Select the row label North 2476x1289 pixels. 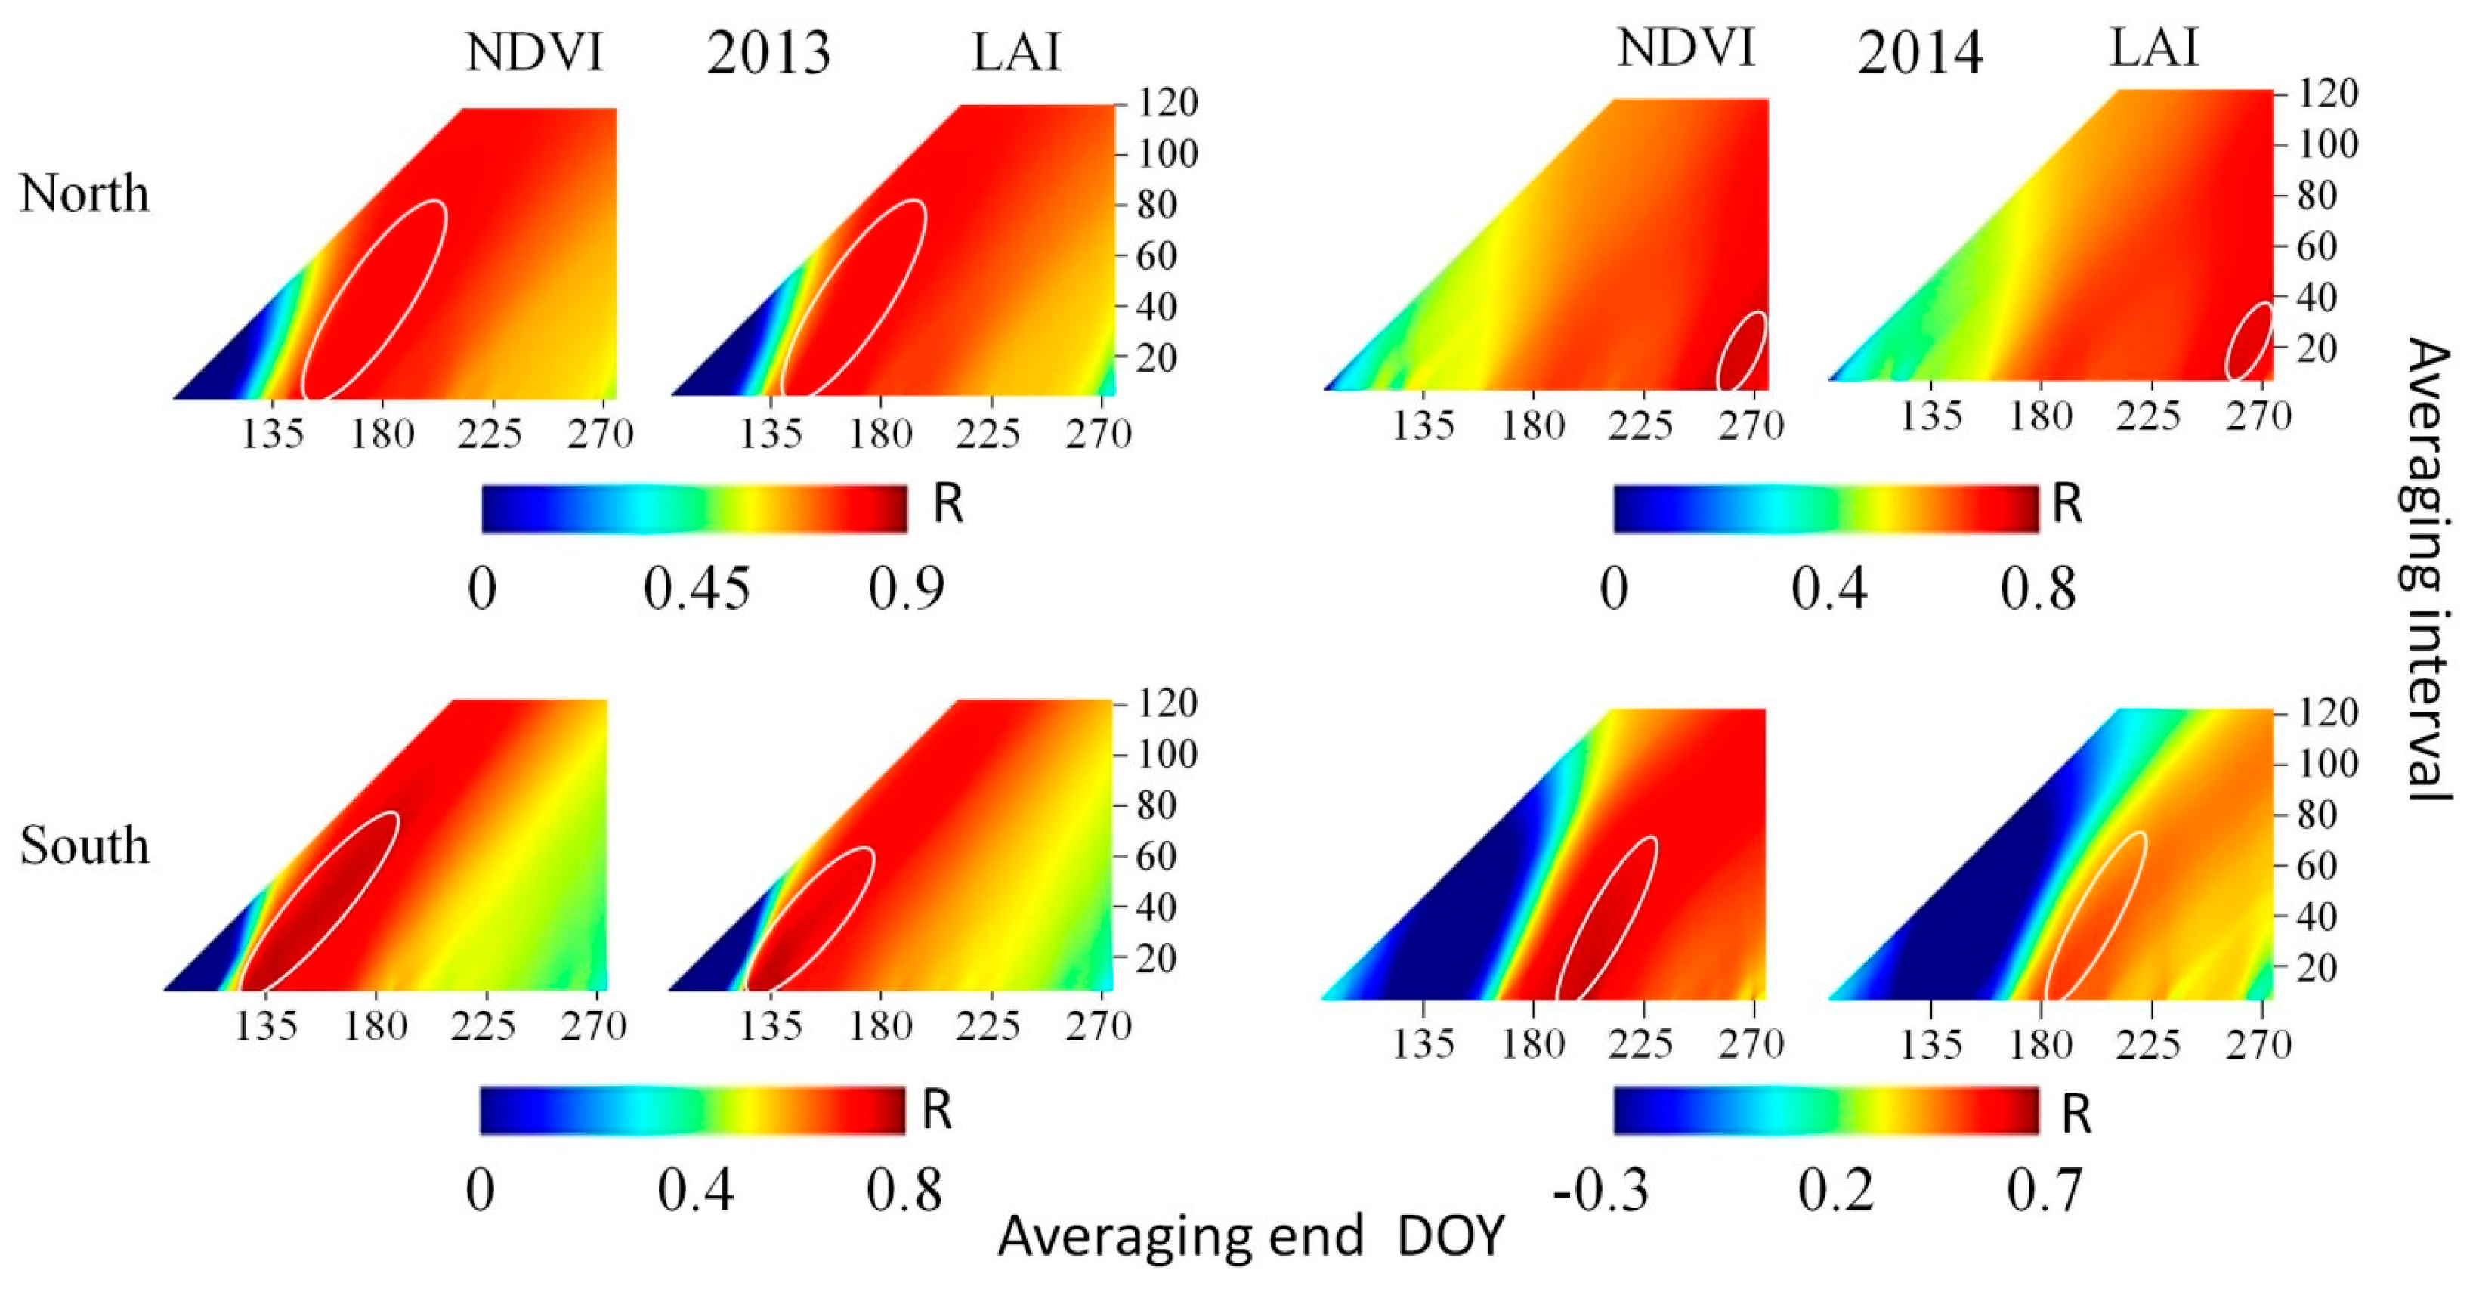(x=85, y=194)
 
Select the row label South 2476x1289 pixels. (x=85, y=847)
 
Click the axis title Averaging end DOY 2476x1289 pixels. (x=1250, y=1237)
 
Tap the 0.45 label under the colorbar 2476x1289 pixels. (x=696, y=589)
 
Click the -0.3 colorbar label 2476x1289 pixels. (x=1600, y=1191)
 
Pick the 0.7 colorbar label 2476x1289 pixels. (x=2045, y=1191)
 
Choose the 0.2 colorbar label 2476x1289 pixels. (x=1836, y=1191)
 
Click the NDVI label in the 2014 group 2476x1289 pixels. (x=1686, y=48)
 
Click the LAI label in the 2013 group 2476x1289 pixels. (x=1016, y=53)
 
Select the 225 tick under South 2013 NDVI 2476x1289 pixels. (x=484, y=1028)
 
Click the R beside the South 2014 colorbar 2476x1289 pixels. (x=2076, y=1116)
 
